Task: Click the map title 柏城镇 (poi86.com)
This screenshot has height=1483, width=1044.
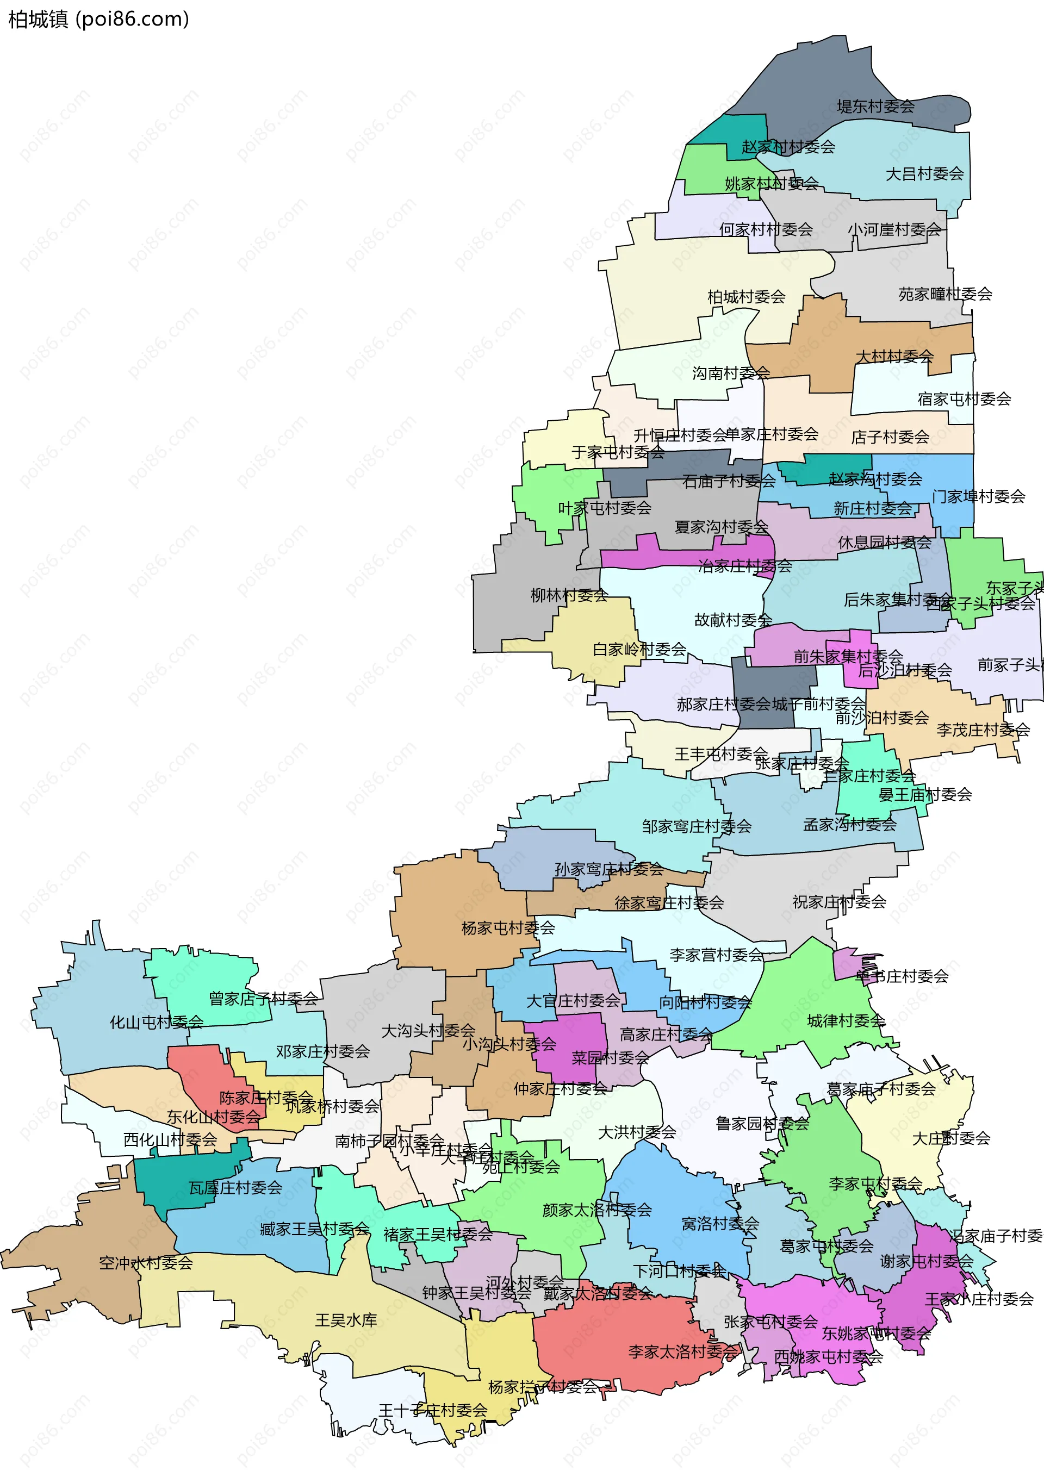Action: (98, 20)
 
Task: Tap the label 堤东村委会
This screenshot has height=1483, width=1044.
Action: (875, 107)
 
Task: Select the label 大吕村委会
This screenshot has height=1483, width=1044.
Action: (924, 174)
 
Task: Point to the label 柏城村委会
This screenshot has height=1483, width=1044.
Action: (746, 297)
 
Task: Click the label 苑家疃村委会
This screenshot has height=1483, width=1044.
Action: (944, 295)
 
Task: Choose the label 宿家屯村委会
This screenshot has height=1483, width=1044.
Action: (964, 399)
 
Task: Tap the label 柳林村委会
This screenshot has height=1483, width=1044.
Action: (569, 595)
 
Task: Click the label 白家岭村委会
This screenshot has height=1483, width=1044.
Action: (639, 649)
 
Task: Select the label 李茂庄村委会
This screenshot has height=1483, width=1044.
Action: (983, 730)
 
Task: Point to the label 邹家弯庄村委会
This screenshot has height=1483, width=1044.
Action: (697, 826)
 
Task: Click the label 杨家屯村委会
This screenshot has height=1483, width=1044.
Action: (508, 928)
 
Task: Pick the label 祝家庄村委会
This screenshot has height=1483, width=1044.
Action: (838, 902)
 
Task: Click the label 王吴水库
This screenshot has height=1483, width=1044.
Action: (346, 1320)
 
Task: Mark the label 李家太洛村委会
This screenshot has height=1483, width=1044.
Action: (682, 1352)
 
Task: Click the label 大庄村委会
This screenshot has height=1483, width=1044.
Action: (950, 1139)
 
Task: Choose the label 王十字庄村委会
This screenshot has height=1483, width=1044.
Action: (432, 1411)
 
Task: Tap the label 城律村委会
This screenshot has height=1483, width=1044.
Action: (846, 1020)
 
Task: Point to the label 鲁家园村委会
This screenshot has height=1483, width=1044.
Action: (762, 1123)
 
